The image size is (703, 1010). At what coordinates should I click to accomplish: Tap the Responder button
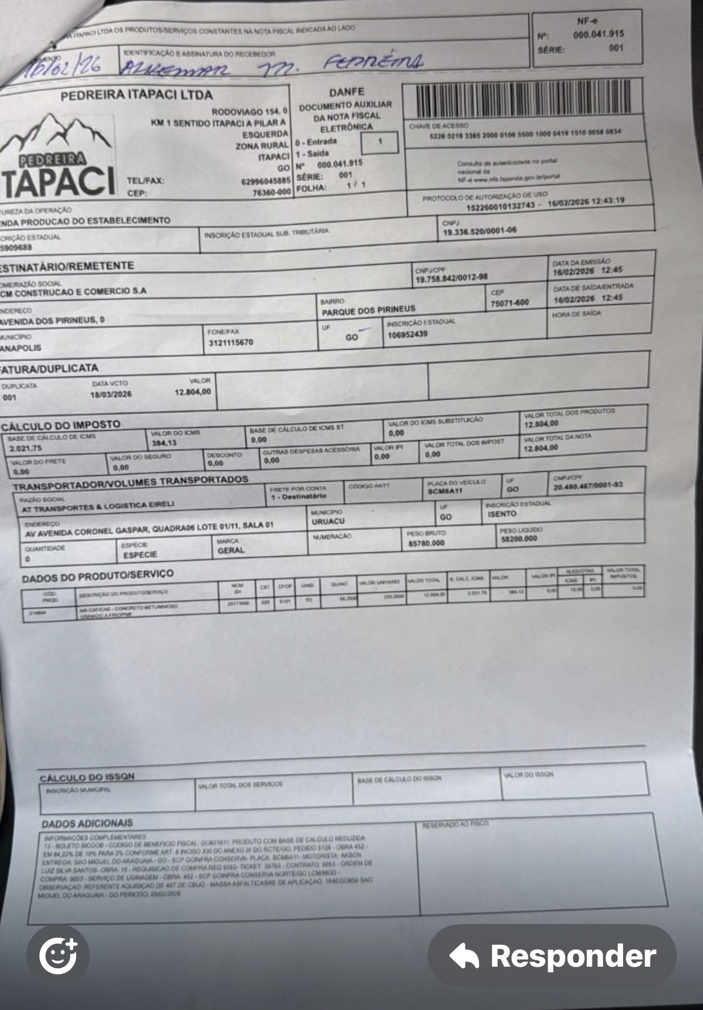[552, 956]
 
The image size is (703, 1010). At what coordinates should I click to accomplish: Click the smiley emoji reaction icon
[58, 956]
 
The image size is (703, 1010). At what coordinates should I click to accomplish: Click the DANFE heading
[347, 92]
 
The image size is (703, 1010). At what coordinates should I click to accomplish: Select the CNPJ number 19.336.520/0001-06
[479, 231]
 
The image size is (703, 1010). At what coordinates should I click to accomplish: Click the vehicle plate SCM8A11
[445, 491]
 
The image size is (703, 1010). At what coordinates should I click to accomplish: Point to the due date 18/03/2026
[111, 395]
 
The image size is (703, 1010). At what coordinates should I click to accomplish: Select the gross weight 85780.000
[426, 543]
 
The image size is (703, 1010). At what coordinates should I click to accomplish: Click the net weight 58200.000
[518, 539]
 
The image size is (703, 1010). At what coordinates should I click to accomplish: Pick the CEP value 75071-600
[510, 303]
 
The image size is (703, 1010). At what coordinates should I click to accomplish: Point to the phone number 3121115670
[231, 343]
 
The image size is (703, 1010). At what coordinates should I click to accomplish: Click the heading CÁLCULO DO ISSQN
[87, 777]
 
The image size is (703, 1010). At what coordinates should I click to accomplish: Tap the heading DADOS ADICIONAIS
[87, 824]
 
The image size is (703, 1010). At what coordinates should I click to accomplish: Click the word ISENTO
[502, 514]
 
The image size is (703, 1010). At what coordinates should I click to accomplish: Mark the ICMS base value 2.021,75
[26, 448]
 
